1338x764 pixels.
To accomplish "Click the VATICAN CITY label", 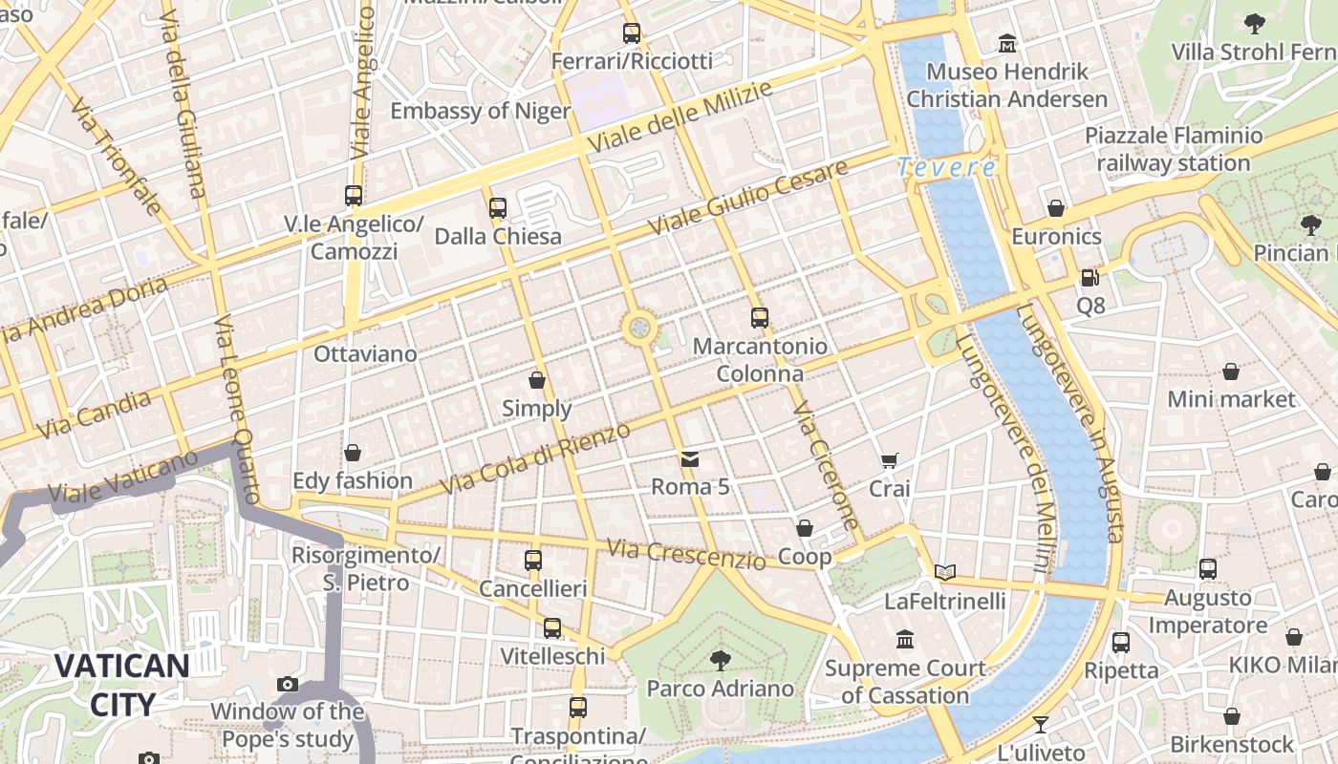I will click(121, 684).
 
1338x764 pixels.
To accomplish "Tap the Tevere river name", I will click(946, 168).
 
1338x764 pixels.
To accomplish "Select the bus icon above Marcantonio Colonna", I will click(760, 318).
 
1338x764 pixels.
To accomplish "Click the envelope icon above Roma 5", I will click(690, 459).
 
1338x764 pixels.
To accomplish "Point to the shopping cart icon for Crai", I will click(889, 461).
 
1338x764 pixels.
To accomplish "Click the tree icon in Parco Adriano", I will click(720, 660).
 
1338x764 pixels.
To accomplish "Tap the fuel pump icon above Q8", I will click(1090, 278).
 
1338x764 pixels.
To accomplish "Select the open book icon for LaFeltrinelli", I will click(945, 572).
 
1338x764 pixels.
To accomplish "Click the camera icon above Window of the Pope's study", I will click(287, 684).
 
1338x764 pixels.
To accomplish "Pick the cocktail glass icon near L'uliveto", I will click(1041, 725).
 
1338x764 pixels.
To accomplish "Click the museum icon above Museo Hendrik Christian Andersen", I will click(1007, 44).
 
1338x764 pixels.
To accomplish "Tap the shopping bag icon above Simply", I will click(537, 380).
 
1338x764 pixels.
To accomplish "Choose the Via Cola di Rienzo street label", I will click(535, 458).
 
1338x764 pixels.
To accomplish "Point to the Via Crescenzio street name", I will click(686, 554).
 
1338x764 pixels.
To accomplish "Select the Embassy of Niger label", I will click(480, 111).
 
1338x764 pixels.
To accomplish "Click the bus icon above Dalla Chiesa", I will click(497, 207).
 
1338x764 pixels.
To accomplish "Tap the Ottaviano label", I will click(365, 354).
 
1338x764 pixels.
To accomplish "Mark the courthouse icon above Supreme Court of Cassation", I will click(905, 639).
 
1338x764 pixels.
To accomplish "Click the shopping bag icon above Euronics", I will click(1056, 208).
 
